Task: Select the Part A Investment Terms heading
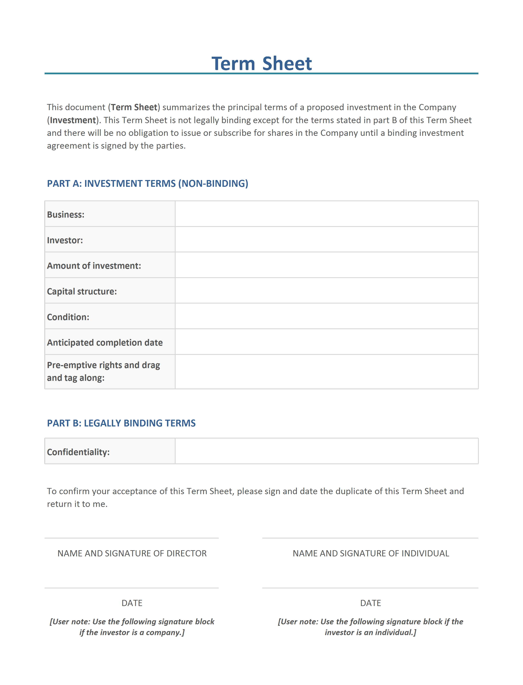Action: click(148, 183)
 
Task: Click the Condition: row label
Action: click(68, 317)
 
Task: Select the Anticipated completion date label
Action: click(105, 342)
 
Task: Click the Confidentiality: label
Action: click(78, 452)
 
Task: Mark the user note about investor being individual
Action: click(371, 627)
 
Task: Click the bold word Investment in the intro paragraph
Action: click(73, 120)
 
